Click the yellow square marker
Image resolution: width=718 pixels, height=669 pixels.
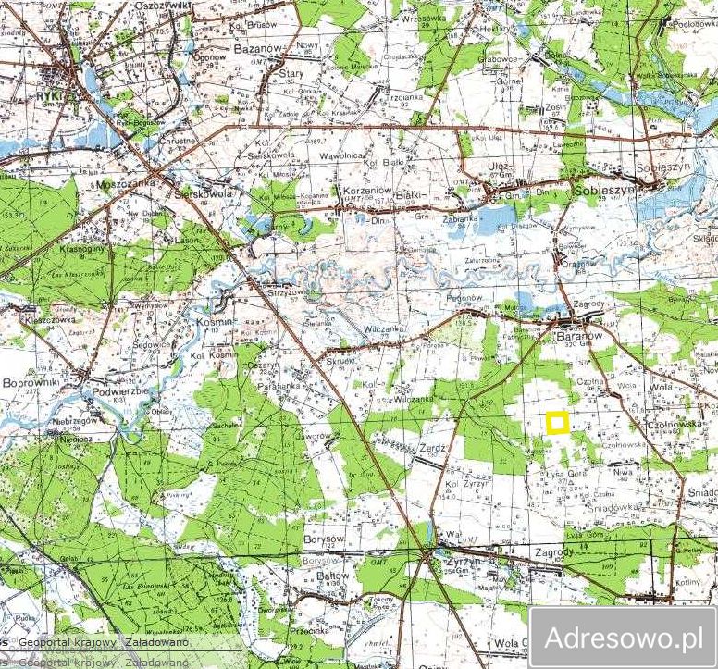pyautogui.click(x=557, y=423)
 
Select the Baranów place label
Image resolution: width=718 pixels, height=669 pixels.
pyautogui.click(x=581, y=337)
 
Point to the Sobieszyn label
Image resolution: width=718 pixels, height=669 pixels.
pyautogui.click(x=605, y=189)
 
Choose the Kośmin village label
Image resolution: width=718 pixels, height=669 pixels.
pyautogui.click(x=215, y=321)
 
